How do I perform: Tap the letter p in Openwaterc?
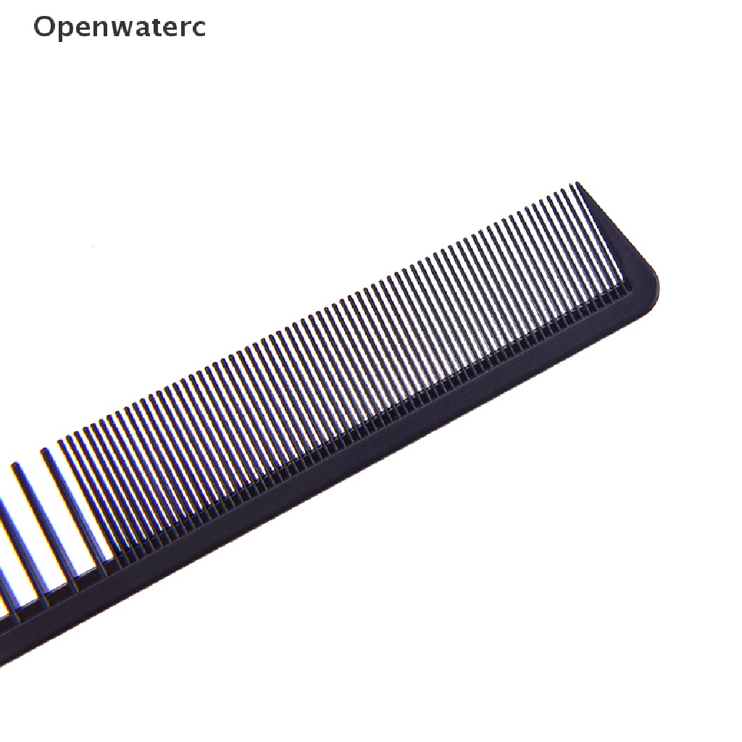point(68,30)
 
